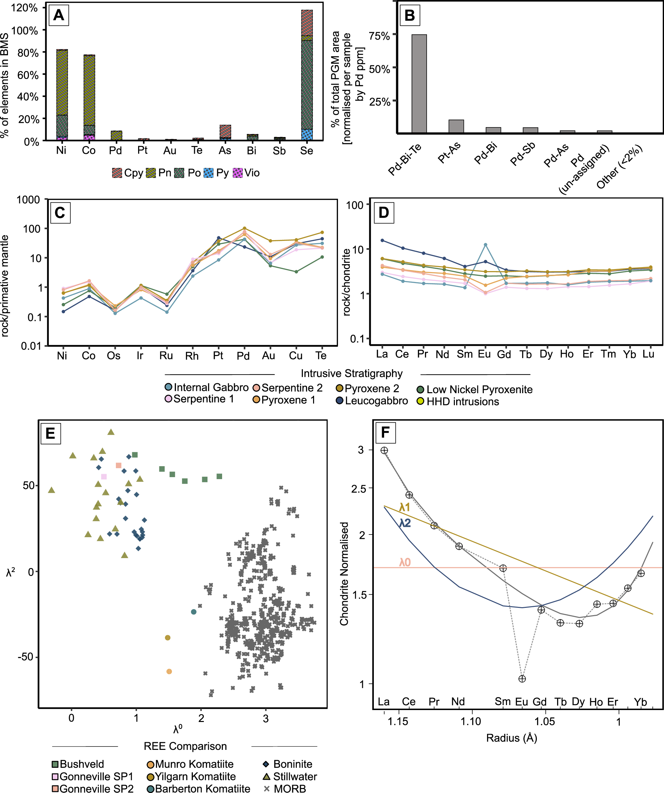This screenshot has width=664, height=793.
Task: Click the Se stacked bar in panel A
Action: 306,76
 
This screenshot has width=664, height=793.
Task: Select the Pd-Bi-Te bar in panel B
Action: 419,84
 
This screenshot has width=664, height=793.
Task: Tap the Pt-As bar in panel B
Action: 456,126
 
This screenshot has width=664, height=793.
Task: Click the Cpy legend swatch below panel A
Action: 117,173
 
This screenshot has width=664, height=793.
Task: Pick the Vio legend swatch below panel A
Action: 238,173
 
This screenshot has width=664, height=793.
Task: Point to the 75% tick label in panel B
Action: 379,36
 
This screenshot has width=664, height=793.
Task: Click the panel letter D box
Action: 383,213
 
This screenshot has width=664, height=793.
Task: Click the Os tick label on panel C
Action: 113,356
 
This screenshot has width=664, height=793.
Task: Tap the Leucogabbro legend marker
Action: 339,401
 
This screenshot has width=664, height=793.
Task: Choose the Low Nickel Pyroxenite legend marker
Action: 420,390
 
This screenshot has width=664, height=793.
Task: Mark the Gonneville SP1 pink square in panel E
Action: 104,477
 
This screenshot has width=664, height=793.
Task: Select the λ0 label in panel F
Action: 405,563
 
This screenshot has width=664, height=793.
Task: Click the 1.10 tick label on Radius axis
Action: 470,722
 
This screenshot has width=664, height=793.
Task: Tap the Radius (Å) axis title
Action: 511,738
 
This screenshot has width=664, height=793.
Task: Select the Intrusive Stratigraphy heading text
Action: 352,374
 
